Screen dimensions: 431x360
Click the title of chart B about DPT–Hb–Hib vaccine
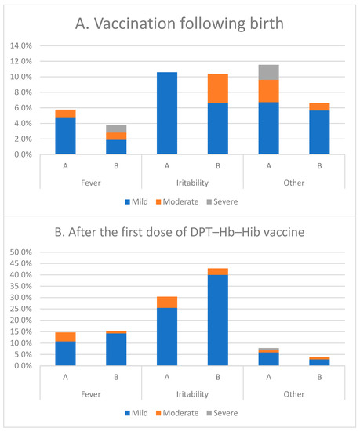pyautogui.click(x=180, y=233)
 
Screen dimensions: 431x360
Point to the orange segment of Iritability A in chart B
pyautogui.click(x=167, y=302)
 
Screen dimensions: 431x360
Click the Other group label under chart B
pyautogui.click(x=295, y=394)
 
